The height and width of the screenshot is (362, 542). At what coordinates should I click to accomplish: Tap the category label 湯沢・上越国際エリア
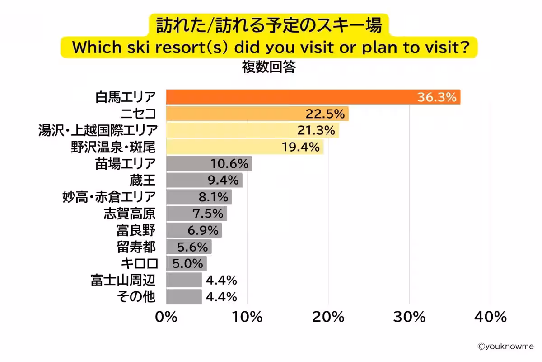point(98,131)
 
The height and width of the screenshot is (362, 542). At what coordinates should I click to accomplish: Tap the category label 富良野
point(136,230)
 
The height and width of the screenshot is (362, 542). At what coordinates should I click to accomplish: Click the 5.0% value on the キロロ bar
point(186,264)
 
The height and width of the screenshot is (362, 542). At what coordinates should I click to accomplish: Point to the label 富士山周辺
point(123,281)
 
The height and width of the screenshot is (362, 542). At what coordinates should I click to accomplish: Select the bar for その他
point(183,297)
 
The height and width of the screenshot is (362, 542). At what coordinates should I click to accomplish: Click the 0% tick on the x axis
point(166,317)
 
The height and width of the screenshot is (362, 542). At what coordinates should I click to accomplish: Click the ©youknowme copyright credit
point(505,347)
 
